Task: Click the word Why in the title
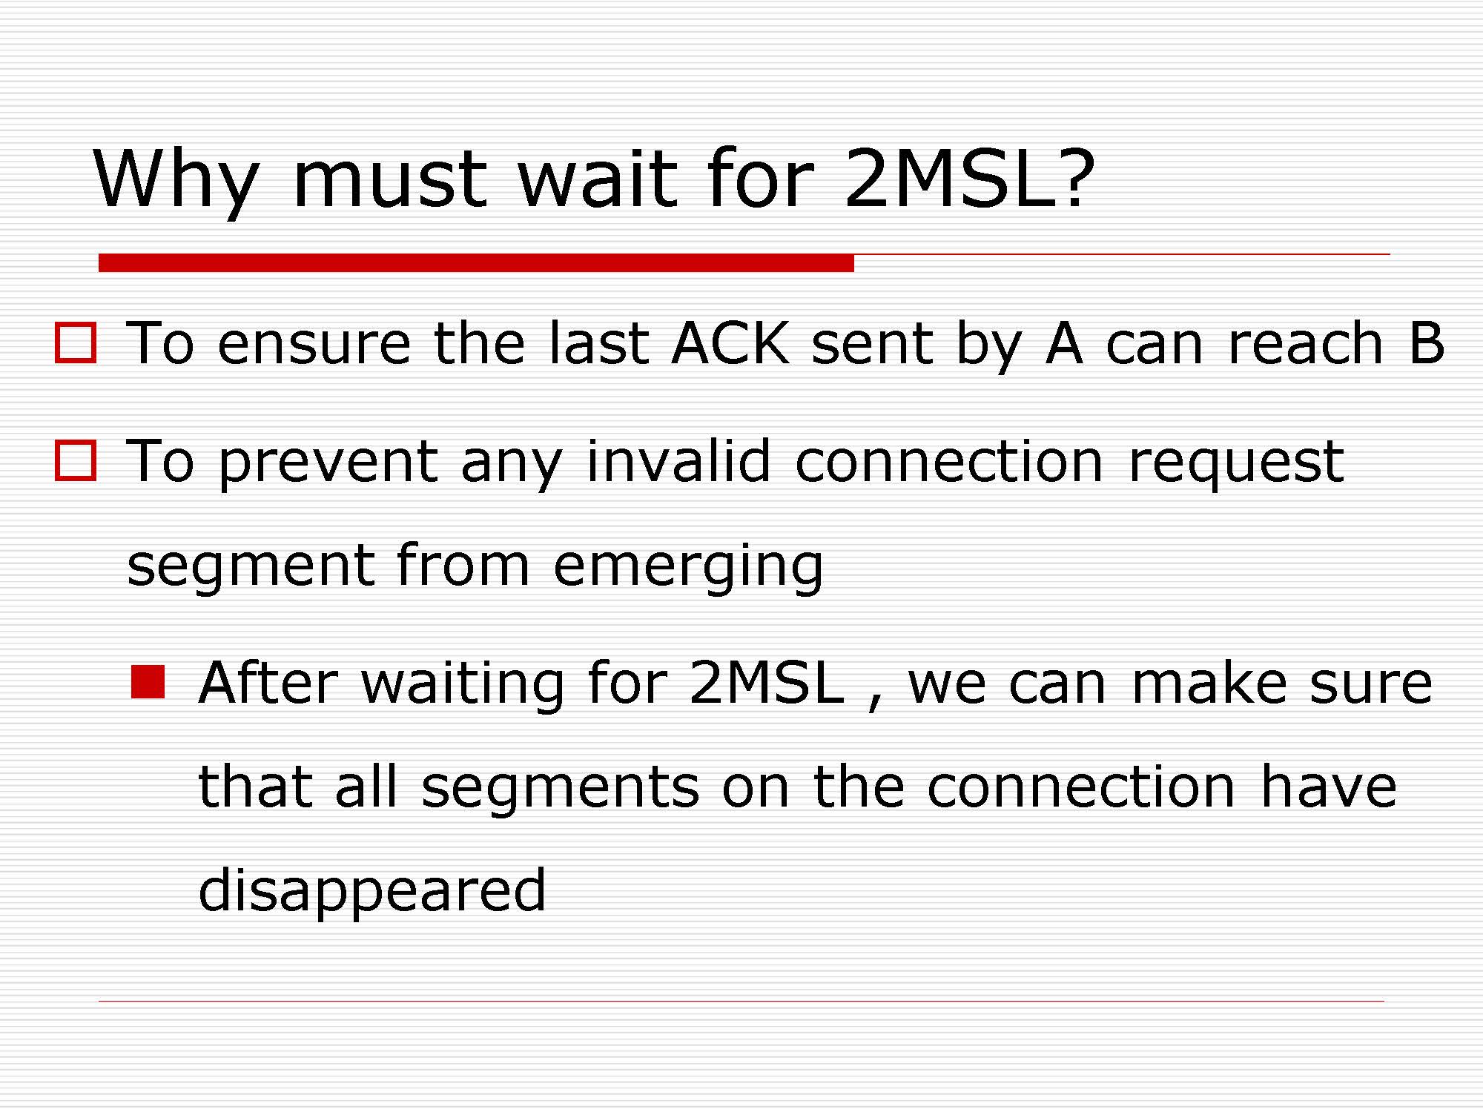[x=176, y=179]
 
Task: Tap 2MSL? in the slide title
[x=969, y=177]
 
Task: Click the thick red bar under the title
[x=476, y=262]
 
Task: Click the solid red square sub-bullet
[x=148, y=682]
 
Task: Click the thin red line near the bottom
[x=741, y=1001]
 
